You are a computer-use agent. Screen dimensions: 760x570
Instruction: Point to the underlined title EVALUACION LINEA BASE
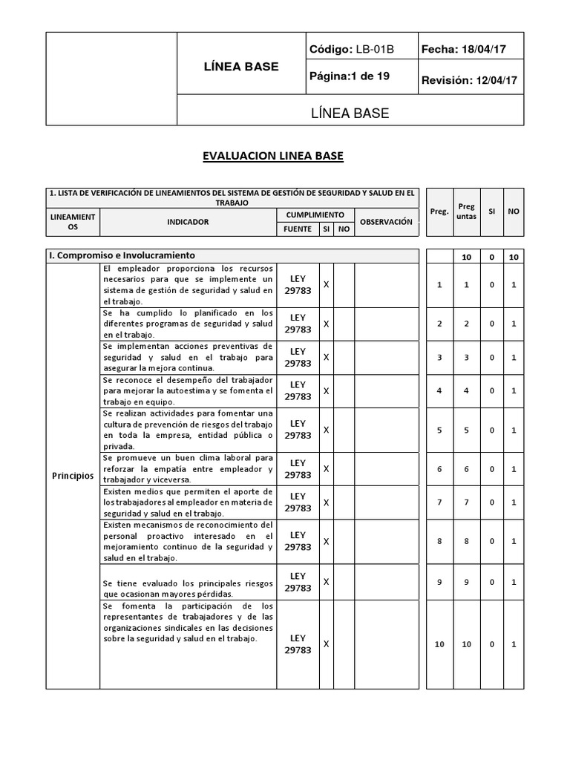tap(274, 156)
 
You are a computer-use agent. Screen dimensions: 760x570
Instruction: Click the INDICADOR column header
tap(188, 222)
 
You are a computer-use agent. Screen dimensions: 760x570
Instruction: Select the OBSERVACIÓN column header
tap(386, 222)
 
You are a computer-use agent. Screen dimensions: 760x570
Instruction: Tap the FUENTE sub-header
tap(297, 229)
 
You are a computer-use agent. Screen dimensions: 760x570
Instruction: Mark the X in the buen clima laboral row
tap(326, 468)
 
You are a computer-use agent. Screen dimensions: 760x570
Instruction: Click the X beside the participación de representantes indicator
tap(326, 643)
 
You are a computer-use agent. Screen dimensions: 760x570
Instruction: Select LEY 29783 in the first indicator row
tap(298, 285)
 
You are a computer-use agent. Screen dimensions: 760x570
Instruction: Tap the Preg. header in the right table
tap(439, 212)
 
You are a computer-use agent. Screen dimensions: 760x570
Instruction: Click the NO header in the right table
tap(514, 212)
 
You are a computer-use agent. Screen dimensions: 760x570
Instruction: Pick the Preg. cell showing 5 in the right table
tap(439, 430)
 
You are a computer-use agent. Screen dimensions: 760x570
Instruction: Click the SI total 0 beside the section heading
tap(491, 256)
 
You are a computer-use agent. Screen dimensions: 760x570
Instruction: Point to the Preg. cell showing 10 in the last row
tap(439, 644)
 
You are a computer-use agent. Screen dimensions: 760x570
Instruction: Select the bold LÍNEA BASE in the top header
tap(241, 67)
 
